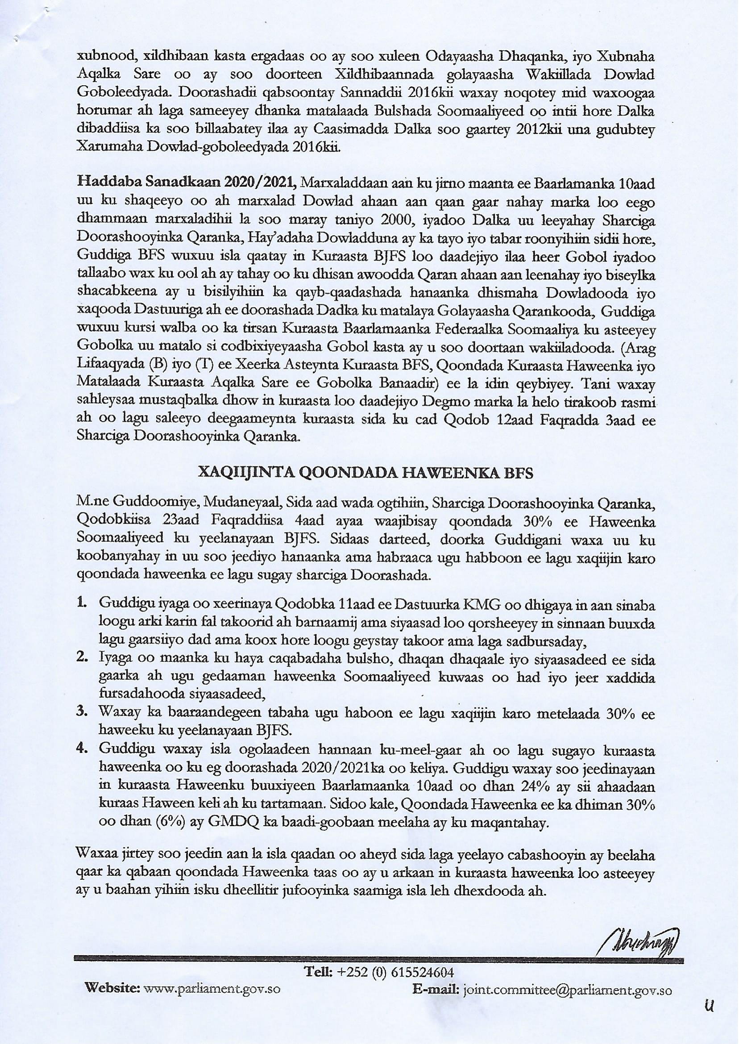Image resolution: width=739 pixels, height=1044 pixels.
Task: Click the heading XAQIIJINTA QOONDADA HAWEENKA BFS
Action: (365, 473)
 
